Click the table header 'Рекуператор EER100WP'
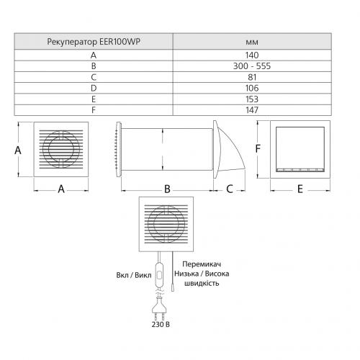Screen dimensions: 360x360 (94, 42)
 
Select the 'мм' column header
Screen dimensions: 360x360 (252, 42)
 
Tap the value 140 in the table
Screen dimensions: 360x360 (252, 55)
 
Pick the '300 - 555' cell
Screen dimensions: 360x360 (252, 66)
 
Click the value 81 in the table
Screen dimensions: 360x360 (252, 77)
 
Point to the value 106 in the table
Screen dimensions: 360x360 (252, 88)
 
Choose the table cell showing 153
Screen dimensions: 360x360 (252, 99)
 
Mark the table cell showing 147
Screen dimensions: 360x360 (252, 110)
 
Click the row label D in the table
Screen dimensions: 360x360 (94, 88)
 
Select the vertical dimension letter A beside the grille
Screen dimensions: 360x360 (18, 150)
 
